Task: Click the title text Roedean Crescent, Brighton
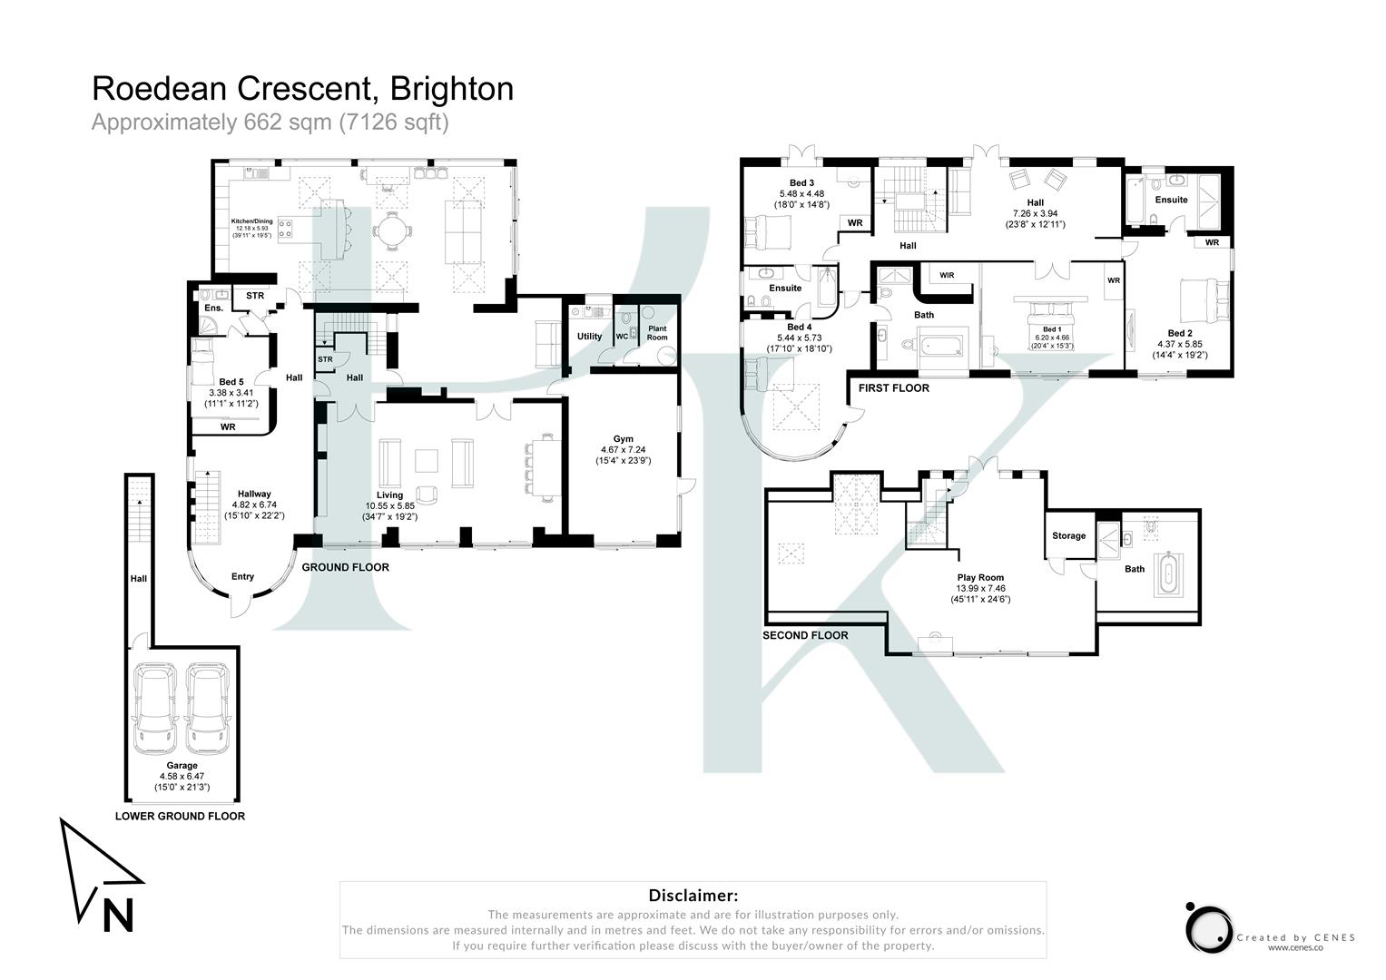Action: coord(302,89)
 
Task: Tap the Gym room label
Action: coord(623,439)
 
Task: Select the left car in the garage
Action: coord(154,710)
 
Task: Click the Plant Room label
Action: coord(657,333)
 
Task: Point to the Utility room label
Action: coord(589,337)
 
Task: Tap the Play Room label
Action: coord(980,577)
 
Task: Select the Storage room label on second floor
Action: coord(1068,536)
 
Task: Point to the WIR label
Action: coord(947,275)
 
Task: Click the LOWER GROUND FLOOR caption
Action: coord(180,816)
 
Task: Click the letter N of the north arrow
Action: coord(118,915)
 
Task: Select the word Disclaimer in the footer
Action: coord(693,896)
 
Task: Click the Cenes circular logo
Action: coord(1208,928)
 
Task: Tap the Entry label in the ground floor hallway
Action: coord(242,576)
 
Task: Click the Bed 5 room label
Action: coord(231,382)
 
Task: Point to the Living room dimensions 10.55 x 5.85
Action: coord(390,506)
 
